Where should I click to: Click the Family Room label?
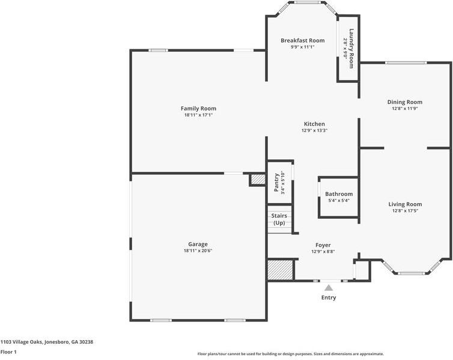pos(198,109)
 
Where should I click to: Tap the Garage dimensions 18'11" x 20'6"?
pos(198,251)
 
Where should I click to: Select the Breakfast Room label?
pos(302,40)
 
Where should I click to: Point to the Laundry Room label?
pos(351,48)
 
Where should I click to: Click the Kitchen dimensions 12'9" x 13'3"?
pos(314,130)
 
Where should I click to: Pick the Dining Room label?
pos(404,102)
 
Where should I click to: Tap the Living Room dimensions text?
pos(405,211)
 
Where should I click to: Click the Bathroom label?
pos(339,194)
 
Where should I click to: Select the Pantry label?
pos(276,182)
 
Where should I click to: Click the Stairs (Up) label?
pos(279,219)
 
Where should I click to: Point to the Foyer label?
pos(323,245)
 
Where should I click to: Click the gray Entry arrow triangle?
pos(329,288)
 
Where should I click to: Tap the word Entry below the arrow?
pos(329,297)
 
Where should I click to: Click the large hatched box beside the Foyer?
pos(280,270)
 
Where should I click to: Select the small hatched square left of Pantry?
pos(258,180)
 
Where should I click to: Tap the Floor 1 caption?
pos(8,352)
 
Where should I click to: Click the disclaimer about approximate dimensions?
pos(291,353)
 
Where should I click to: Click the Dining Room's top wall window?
pos(406,63)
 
